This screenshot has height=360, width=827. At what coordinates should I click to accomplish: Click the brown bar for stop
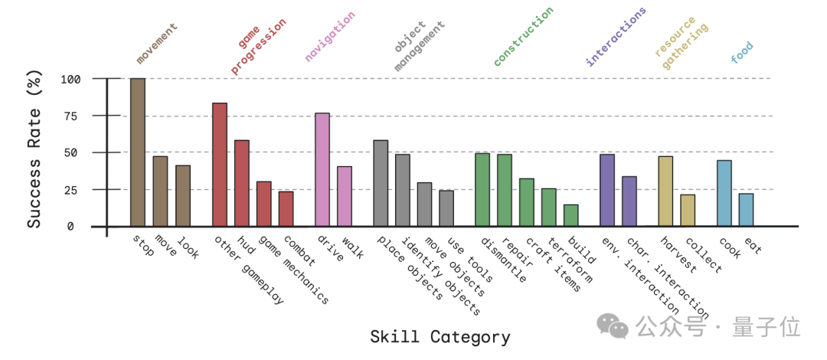pyautogui.click(x=138, y=152)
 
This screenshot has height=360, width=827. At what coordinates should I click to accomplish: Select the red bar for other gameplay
pyautogui.click(x=220, y=165)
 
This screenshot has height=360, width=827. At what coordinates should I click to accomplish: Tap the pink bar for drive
pyautogui.click(x=322, y=170)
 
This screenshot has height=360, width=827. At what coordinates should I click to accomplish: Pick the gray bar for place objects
pyautogui.click(x=381, y=183)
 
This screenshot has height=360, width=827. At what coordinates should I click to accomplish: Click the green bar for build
pyautogui.click(x=570, y=215)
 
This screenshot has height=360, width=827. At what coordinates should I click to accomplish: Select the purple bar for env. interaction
pyautogui.click(x=607, y=190)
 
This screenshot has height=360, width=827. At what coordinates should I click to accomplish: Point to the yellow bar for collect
pyautogui.click(x=688, y=211)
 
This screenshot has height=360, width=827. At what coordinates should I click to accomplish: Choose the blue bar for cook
pyautogui.click(x=724, y=193)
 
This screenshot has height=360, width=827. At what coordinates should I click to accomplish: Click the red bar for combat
pyautogui.click(x=286, y=208)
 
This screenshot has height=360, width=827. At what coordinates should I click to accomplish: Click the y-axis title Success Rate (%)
pyautogui.click(x=34, y=152)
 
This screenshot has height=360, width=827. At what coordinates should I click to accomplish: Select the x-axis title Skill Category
pyautogui.click(x=440, y=337)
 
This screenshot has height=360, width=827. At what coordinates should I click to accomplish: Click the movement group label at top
pyautogui.click(x=157, y=43)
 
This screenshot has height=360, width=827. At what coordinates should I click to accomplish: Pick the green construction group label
pyautogui.click(x=523, y=36)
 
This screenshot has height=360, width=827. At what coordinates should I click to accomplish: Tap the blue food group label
pyautogui.click(x=742, y=52)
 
